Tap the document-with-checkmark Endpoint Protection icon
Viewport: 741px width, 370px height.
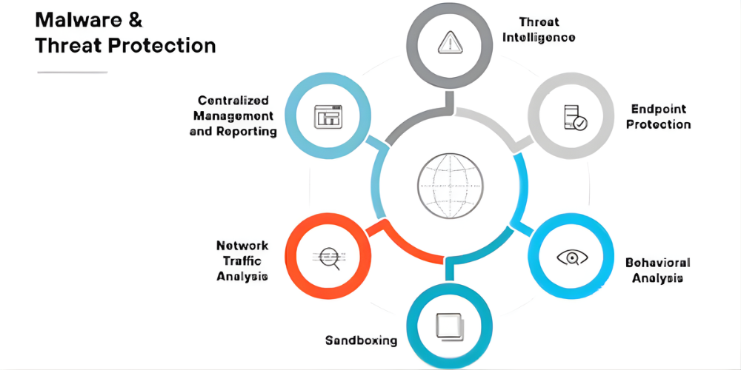pyautogui.click(x=574, y=118)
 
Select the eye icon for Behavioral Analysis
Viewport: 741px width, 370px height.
pyautogui.click(x=572, y=257)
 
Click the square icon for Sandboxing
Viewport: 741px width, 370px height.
pyautogui.click(x=449, y=326)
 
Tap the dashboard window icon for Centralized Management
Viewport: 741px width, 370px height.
pyautogui.click(x=327, y=117)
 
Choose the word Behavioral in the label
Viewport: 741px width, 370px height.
pyautogui.click(x=657, y=263)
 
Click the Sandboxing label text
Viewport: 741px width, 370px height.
pyautogui.click(x=361, y=340)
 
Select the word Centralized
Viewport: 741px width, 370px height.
pyautogui.click(x=233, y=100)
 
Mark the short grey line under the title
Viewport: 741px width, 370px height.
pyautogui.click(x=72, y=72)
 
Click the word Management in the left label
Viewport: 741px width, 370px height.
pyautogui.click(x=233, y=115)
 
